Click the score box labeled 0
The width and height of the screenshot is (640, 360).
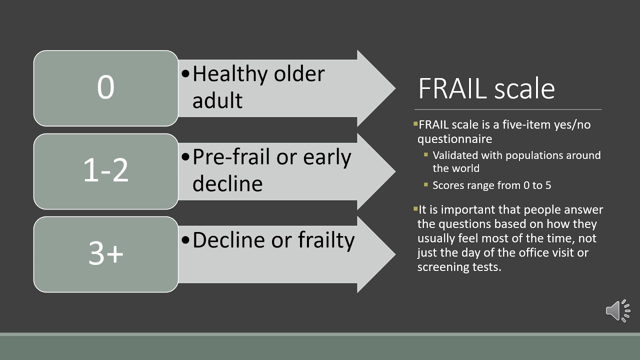(105, 88)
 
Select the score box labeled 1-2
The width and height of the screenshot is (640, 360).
(105, 171)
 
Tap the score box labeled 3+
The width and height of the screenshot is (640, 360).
(105, 254)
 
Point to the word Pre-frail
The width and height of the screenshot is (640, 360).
(230, 157)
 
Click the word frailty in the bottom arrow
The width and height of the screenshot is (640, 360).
(326, 240)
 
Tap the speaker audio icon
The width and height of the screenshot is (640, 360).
(618, 310)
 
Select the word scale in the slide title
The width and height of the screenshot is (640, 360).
(524, 88)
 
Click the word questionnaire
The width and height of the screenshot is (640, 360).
(454, 138)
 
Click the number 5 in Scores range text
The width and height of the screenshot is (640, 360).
(548, 185)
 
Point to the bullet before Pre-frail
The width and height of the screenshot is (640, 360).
(185, 157)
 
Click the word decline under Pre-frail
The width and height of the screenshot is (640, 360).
(227, 183)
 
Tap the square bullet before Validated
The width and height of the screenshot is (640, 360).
(426, 155)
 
